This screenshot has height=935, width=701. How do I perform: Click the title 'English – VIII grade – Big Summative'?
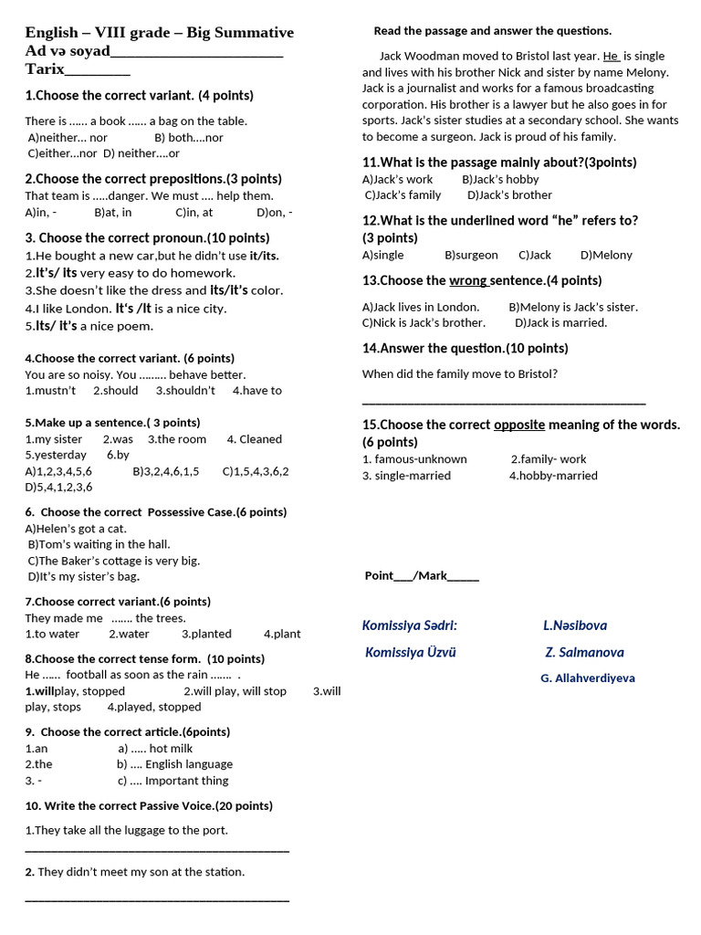(x=159, y=33)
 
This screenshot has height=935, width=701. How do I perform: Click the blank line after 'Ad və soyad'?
(x=196, y=53)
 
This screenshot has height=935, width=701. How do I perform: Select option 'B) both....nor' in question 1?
(x=188, y=137)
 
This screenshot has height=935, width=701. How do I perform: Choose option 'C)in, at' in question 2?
(x=194, y=212)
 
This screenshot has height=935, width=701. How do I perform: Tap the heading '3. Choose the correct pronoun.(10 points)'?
(x=147, y=237)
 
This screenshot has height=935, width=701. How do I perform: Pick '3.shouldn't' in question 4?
(x=185, y=390)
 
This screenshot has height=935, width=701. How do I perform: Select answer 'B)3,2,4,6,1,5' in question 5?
(x=165, y=471)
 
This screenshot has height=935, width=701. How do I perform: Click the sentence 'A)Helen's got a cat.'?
(x=76, y=528)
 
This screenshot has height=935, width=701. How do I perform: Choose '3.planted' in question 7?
(x=206, y=634)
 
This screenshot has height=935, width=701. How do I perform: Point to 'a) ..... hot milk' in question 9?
(x=155, y=748)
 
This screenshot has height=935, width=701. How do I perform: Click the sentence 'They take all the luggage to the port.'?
(x=127, y=830)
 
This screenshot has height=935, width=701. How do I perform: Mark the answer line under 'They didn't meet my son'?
(x=157, y=898)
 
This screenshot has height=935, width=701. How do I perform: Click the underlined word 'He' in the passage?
(x=611, y=56)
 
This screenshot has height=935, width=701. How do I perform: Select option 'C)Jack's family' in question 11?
(x=403, y=194)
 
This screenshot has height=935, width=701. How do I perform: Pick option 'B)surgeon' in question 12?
(x=471, y=255)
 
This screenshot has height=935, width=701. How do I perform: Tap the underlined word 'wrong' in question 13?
(x=467, y=280)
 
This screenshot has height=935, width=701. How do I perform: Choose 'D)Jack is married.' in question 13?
(x=560, y=322)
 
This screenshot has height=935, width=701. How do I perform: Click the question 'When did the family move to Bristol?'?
(x=459, y=373)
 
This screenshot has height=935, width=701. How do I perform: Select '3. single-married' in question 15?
(x=406, y=475)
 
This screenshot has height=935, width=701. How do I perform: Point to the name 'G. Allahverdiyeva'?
(x=587, y=678)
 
